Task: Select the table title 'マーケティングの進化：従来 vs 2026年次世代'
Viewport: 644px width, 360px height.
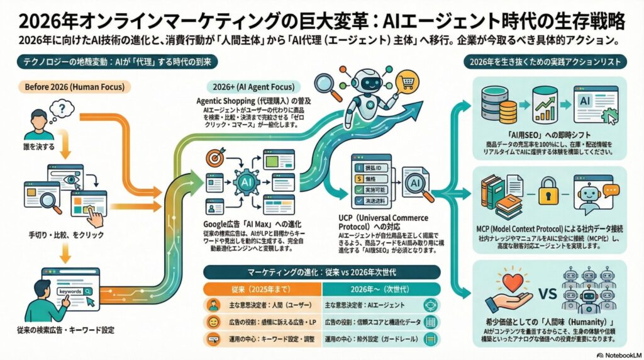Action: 321,273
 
